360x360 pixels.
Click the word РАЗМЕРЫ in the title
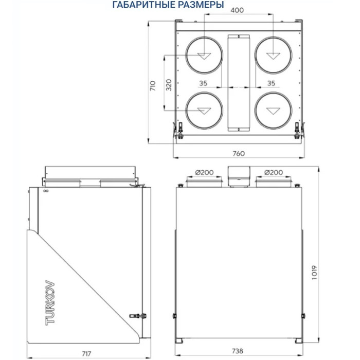(x=200, y=5)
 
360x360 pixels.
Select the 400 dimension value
(x=238, y=10)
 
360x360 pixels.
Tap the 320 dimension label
(x=169, y=85)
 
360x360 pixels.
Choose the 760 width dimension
(x=238, y=153)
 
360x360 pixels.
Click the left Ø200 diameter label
(x=204, y=172)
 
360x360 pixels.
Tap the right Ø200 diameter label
(x=273, y=172)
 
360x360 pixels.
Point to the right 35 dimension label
(x=271, y=83)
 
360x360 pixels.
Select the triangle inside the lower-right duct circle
(x=272, y=110)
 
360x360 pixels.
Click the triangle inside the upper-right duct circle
(x=272, y=56)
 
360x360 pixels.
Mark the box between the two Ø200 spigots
(x=238, y=175)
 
